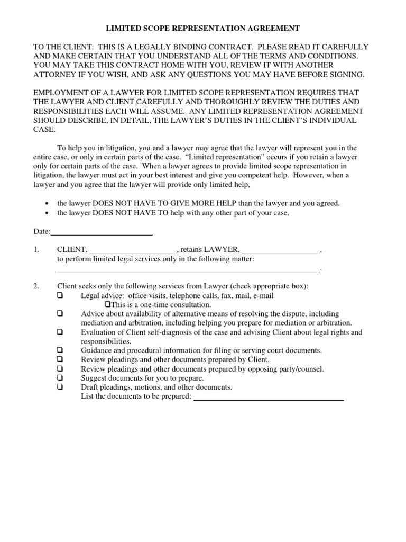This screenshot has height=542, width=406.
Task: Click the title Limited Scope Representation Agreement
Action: point(203,28)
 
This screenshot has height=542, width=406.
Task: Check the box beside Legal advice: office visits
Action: point(60,295)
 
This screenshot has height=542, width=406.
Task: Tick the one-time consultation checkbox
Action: point(107,304)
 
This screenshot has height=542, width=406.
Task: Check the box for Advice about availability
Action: point(60,313)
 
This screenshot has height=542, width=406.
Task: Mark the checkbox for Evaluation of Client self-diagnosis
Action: point(60,332)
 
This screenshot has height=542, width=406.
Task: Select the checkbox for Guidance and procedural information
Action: point(60,350)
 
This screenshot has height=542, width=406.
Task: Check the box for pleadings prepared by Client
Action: point(60,359)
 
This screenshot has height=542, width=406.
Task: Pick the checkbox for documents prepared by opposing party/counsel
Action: point(60,368)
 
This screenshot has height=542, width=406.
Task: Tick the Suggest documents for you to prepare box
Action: point(60,377)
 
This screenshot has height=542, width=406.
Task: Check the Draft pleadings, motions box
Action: point(60,386)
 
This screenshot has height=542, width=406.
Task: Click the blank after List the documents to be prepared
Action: point(269,399)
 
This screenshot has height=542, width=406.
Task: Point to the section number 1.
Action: point(36,250)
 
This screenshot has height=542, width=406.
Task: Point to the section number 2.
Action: point(36,286)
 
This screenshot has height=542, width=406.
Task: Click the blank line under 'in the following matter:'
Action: point(188,270)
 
